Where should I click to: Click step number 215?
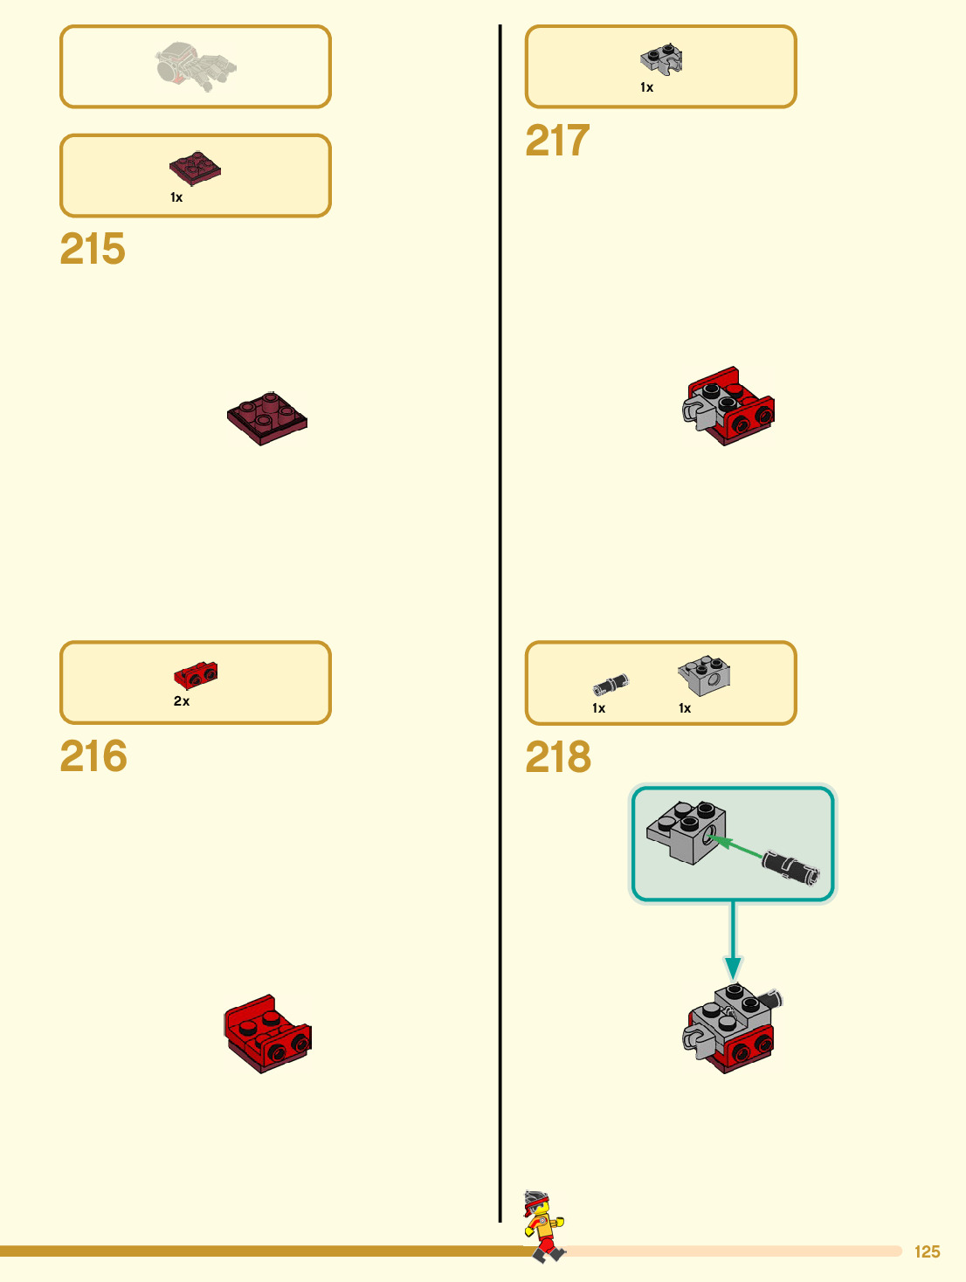click(x=93, y=249)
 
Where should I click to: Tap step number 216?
click(x=93, y=756)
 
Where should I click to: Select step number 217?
click(x=557, y=141)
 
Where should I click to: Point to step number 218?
click(x=558, y=757)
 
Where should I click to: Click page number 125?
click(x=927, y=1251)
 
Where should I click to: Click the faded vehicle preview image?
click(x=196, y=66)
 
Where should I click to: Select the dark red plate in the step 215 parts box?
click(x=195, y=168)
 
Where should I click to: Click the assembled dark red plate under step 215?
click(x=267, y=417)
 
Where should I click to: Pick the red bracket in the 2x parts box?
click(x=196, y=675)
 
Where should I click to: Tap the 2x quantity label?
click(x=182, y=701)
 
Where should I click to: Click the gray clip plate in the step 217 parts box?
click(x=661, y=59)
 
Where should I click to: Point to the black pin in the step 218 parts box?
click(x=611, y=685)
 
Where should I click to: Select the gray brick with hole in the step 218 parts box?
click(x=704, y=675)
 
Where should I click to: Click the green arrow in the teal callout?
click(x=732, y=845)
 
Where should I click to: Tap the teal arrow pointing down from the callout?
click(x=733, y=943)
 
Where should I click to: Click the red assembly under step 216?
click(x=267, y=1034)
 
